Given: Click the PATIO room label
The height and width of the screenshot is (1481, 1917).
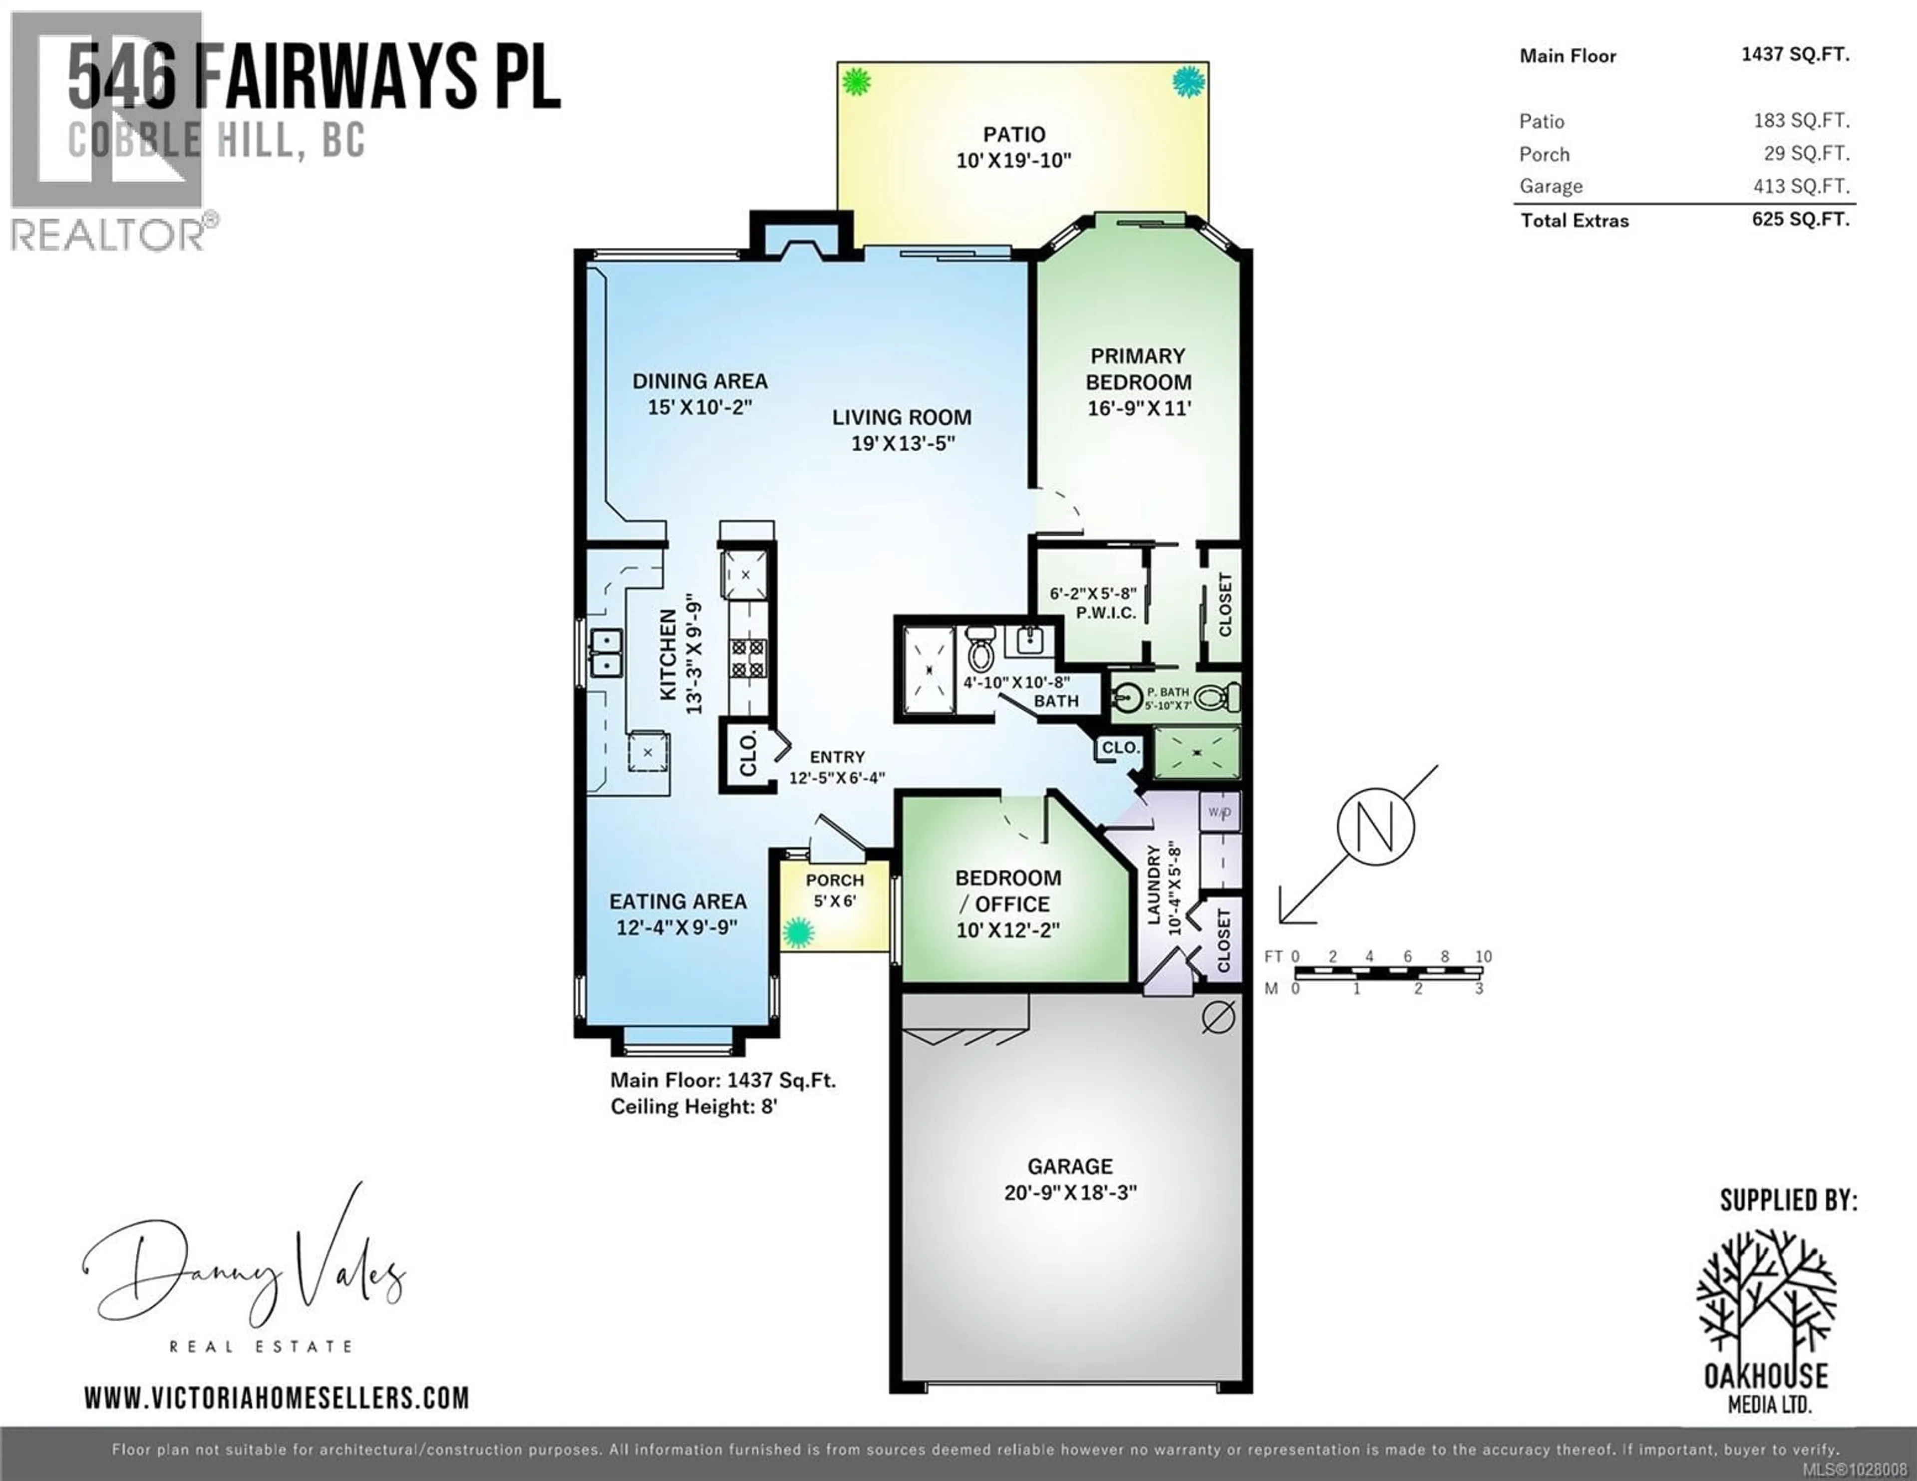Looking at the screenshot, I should pyautogui.click(x=1014, y=134).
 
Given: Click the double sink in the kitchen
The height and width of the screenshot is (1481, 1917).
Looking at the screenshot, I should pyautogui.click(x=606, y=652).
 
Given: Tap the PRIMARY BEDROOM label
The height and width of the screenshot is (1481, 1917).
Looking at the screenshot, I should pyautogui.click(x=1138, y=369).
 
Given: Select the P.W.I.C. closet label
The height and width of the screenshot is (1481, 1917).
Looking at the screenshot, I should pyautogui.click(x=1106, y=613).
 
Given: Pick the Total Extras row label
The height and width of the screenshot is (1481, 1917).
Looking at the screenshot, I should pyautogui.click(x=1575, y=220).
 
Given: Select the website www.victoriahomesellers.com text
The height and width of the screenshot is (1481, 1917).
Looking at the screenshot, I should pyautogui.click(x=277, y=1398).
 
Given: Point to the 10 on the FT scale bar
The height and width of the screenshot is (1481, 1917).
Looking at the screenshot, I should pyautogui.click(x=1483, y=956).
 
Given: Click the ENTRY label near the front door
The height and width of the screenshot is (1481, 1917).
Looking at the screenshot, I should pyautogui.click(x=837, y=757).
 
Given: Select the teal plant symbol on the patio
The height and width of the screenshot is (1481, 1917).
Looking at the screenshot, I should pyautogui.click(x=1189, y=82).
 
